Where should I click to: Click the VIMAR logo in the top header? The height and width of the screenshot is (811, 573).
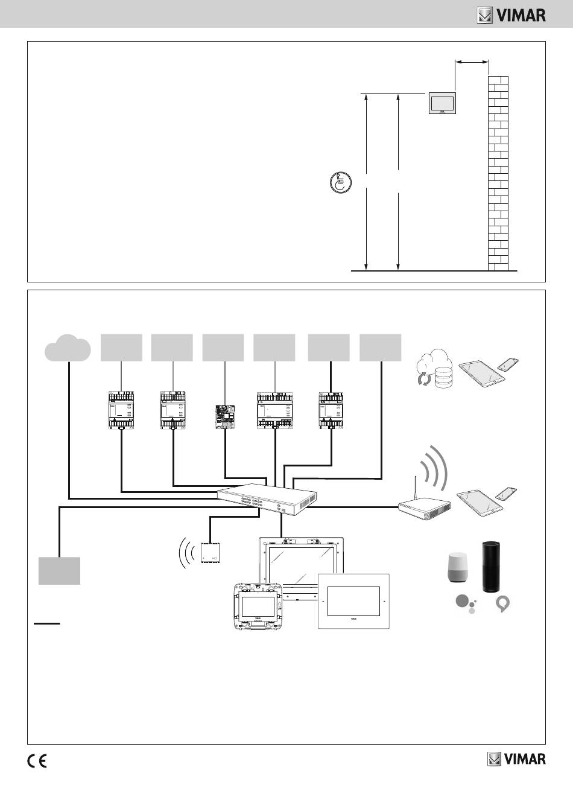[x=511, y=16]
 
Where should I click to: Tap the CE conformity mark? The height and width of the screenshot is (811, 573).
[x=37, y=762]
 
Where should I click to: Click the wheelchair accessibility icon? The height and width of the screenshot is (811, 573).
[x=341, y=182]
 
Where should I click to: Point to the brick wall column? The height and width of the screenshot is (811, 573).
[x=498, y=173]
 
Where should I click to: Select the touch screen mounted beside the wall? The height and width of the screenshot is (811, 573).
[x=442, y=103]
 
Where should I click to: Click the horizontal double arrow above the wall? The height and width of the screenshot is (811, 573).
[x=472, y=62]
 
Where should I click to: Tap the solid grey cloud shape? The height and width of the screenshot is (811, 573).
[x=68, y=348]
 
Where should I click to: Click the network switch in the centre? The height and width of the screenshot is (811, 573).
[x=267, y=500]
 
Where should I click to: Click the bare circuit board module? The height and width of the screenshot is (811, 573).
[x=225, y=416]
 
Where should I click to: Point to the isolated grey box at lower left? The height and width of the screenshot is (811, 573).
[x=59, y=571]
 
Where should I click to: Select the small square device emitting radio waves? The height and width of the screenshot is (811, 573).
[x=211, y=553]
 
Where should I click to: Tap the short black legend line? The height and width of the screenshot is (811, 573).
[x=46, y=623]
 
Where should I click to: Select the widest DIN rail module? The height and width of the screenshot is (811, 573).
[x=274, y=410]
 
